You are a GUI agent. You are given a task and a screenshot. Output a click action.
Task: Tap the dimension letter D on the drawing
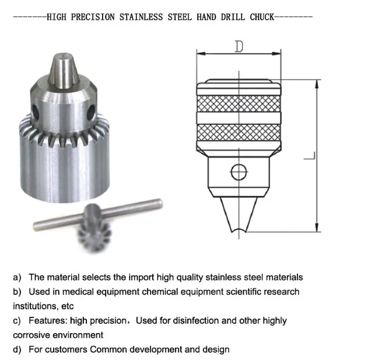pos(239,47)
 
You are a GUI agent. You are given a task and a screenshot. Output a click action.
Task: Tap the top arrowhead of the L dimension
pos(317,83)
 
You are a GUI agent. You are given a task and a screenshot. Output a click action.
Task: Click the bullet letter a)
pos(17,277)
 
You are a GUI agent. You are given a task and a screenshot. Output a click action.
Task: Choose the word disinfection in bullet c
pos(188,320)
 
